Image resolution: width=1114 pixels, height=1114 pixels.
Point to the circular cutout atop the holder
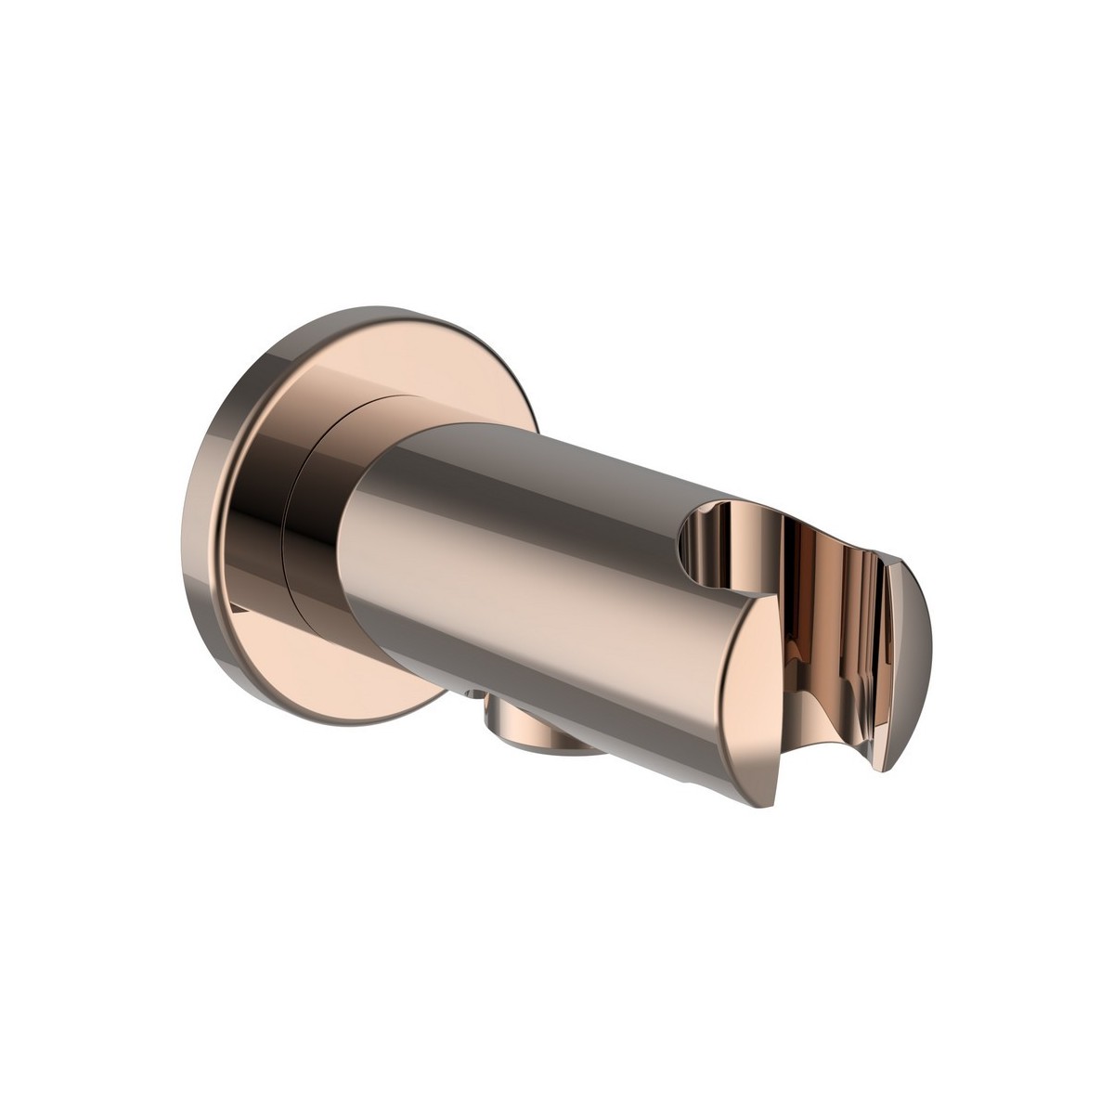tap(724, 538)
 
